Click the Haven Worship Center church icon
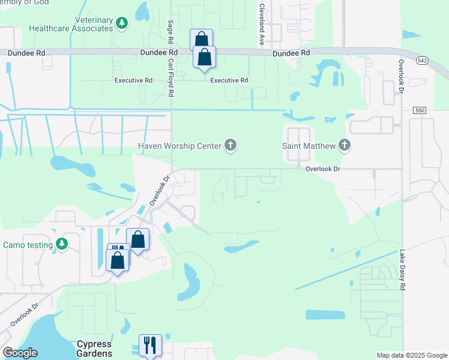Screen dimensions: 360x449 [230, 145]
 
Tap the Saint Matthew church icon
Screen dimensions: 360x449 [344, 145]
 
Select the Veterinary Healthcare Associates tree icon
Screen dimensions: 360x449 [122, 23]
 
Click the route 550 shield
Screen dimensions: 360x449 [420, 110]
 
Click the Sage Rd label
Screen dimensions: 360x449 [170, 31]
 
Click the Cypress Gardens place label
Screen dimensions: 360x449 [94, 349]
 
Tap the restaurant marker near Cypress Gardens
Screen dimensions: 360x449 [150, 345]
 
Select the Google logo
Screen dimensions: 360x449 [20, 353]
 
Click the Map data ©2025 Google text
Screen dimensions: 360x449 [411, 355]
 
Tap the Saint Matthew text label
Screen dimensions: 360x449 [309, 145]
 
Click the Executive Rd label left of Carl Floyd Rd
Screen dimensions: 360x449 [134, 80]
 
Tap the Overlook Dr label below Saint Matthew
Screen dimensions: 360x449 [322, 169]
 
